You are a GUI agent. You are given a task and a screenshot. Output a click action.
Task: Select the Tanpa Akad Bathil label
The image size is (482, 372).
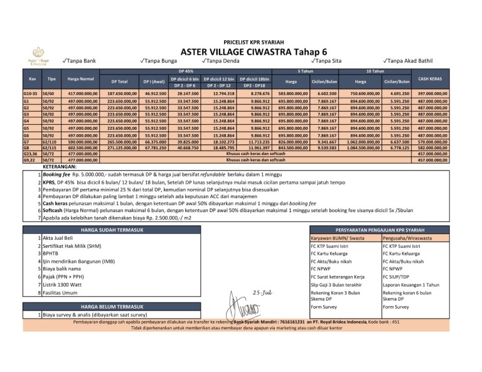click(x=409, y=61)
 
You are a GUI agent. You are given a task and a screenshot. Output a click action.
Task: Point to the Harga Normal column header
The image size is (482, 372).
click(x=80, y=78)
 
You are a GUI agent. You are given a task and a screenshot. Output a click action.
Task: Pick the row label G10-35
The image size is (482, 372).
click(x=30, y=93)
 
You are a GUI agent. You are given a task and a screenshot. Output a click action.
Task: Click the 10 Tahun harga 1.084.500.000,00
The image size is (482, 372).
click(x=360, y=147)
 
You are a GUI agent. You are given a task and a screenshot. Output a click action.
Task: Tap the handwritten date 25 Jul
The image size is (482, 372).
click(x=263, y=292)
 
